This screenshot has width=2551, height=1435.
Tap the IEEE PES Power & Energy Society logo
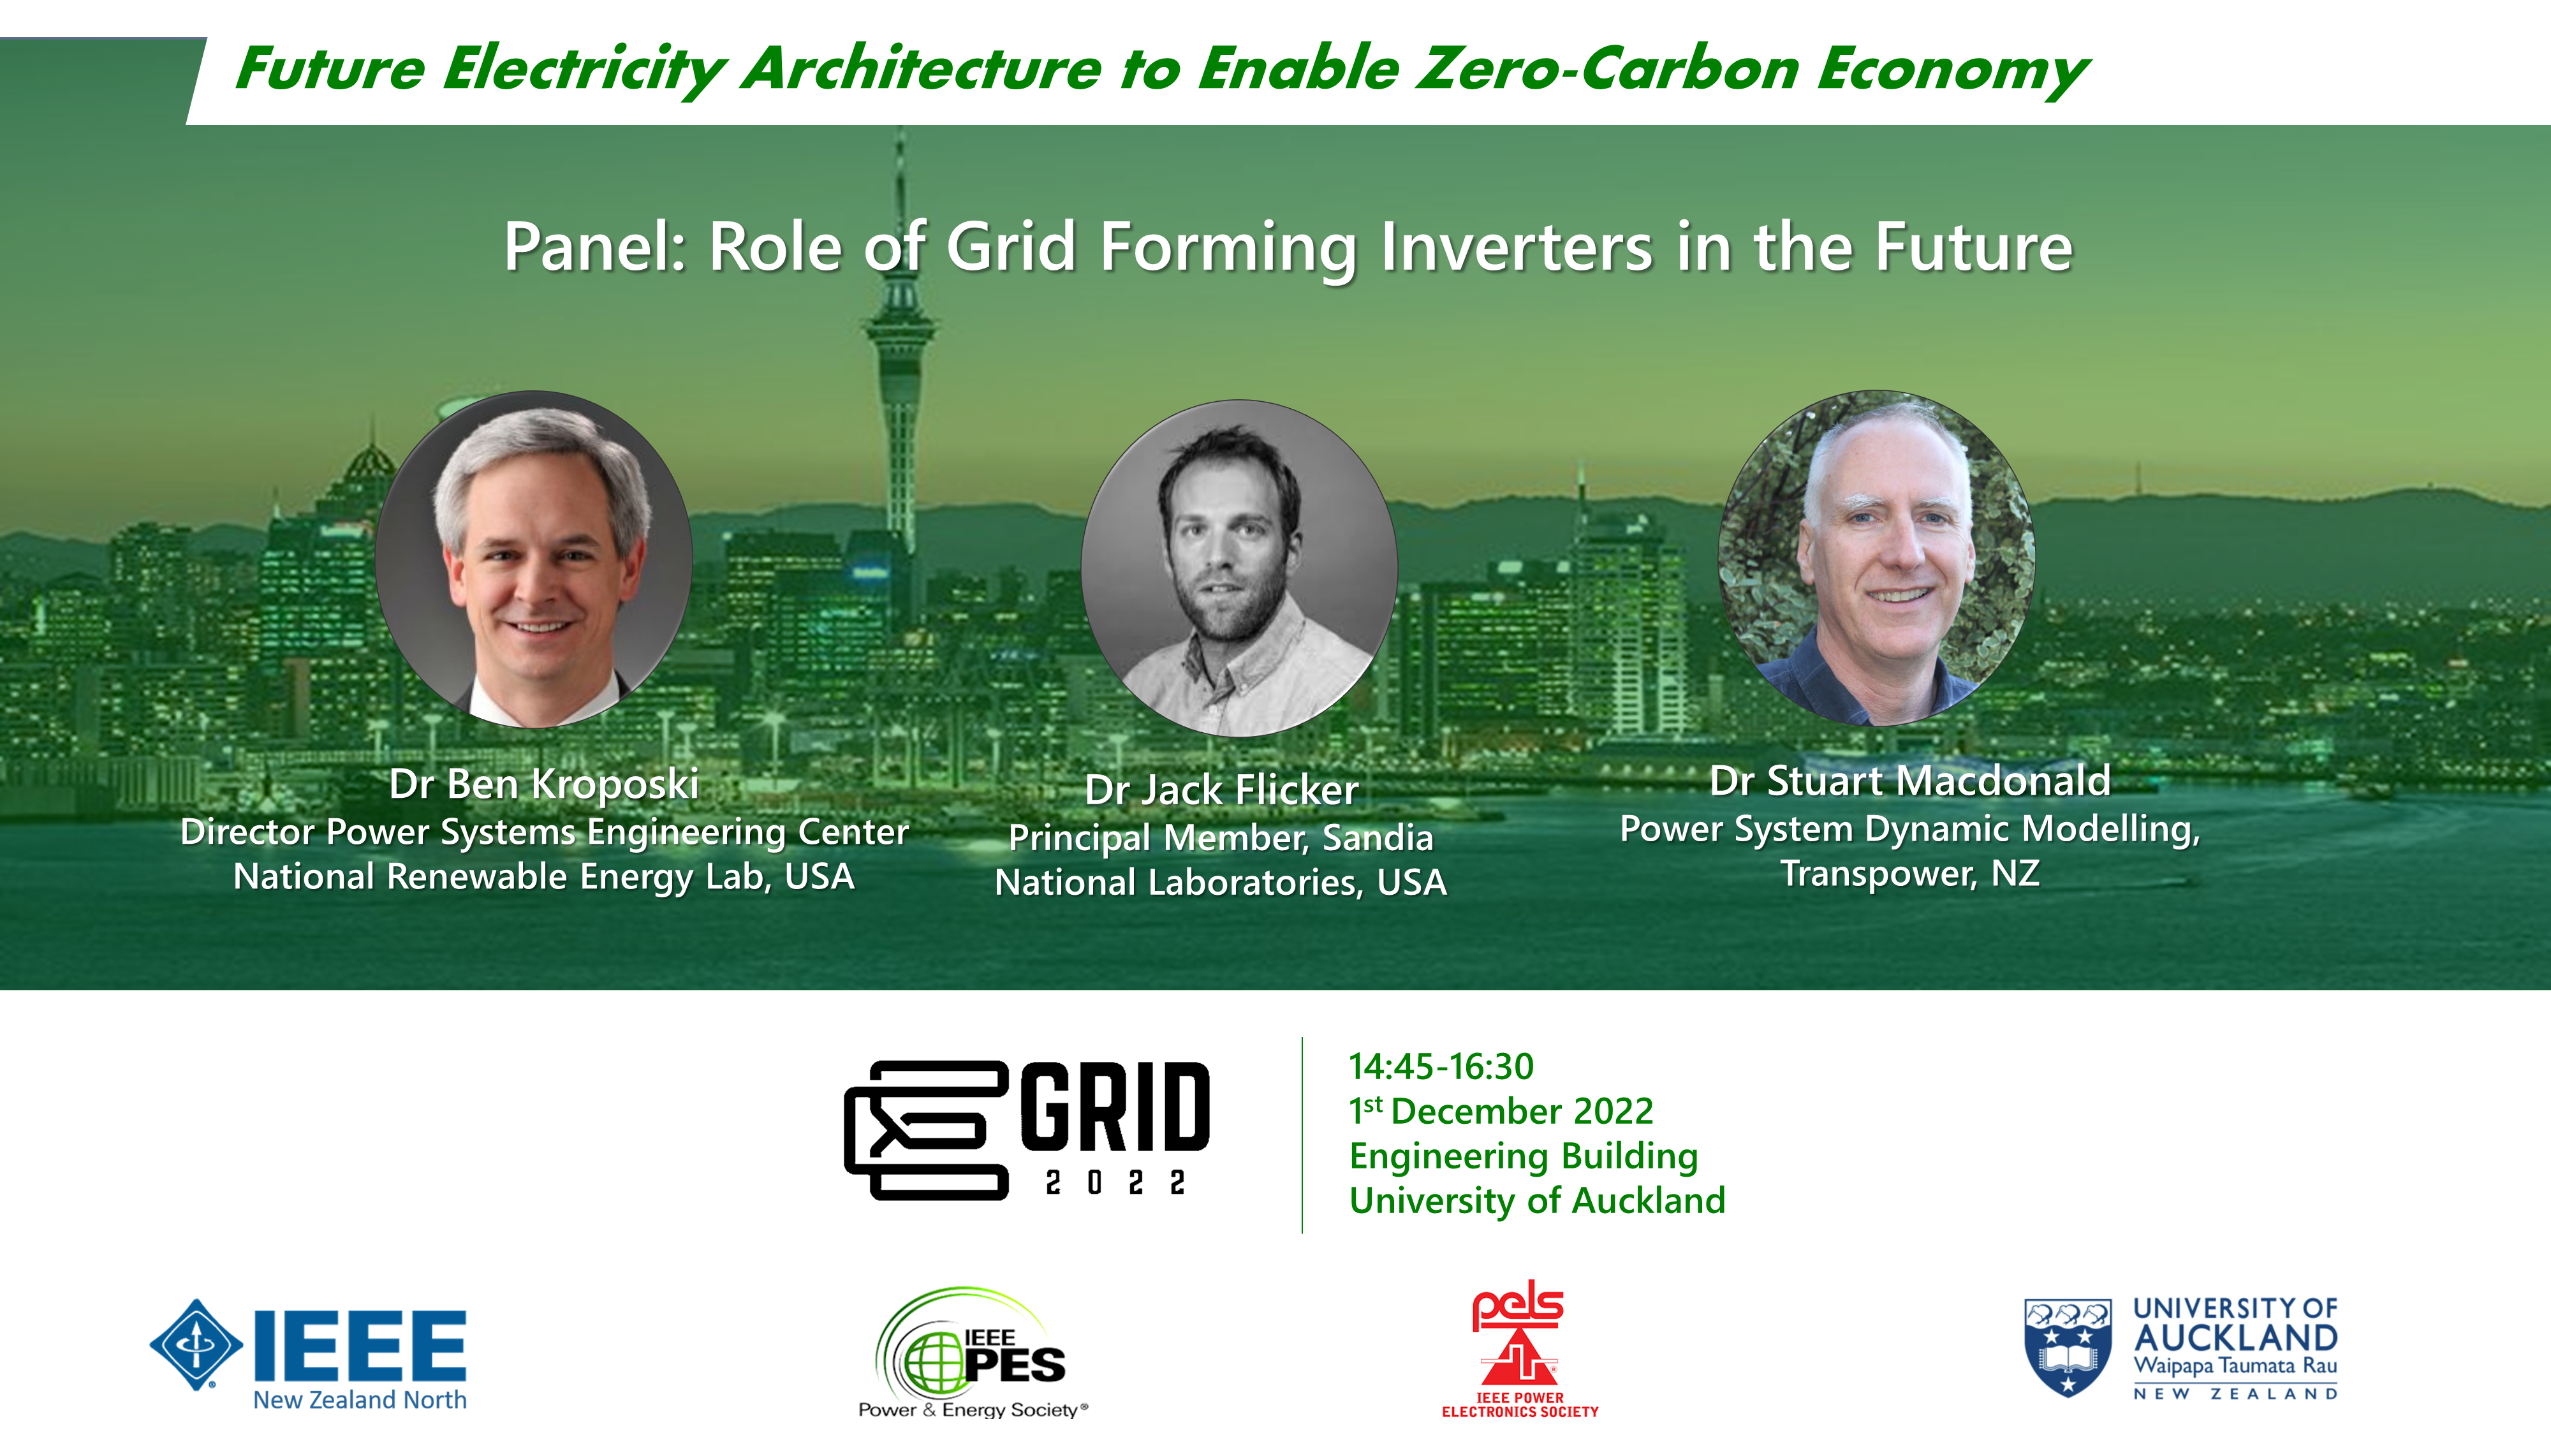[x=973, y=1353]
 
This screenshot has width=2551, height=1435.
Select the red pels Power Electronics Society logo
[x=1519, y=1349]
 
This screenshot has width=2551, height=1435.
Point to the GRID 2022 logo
[x=1027, y=1130]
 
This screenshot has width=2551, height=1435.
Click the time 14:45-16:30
[x=1441, y=1066]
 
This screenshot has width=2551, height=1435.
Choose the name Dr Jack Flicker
[x=1221, y=790]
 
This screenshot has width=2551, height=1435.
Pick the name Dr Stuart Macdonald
[x=1910, y=781]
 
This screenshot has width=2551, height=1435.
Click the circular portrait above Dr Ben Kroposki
[x=534, y=559]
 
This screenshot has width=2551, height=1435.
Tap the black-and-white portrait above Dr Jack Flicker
[x=1239, y=568]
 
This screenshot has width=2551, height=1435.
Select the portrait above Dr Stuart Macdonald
[x=1877, y=557]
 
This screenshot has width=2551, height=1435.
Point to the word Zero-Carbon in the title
[x=1607, y=70]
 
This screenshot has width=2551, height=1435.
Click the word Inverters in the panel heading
[x=1516, y=247]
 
